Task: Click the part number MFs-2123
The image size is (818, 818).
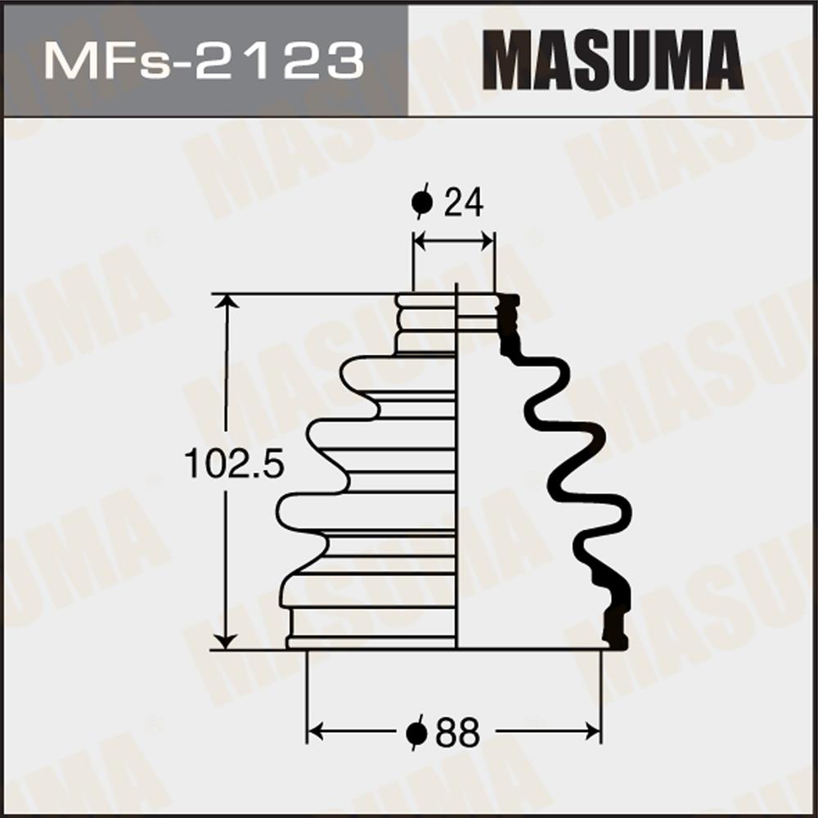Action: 204,61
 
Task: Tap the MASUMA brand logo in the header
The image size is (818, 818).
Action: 613,60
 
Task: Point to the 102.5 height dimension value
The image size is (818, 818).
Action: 234,465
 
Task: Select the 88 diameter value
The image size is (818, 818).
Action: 456,732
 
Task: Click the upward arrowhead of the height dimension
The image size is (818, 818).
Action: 227,302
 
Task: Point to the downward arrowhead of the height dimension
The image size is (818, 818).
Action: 227,642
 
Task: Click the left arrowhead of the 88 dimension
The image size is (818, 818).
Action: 315,731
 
